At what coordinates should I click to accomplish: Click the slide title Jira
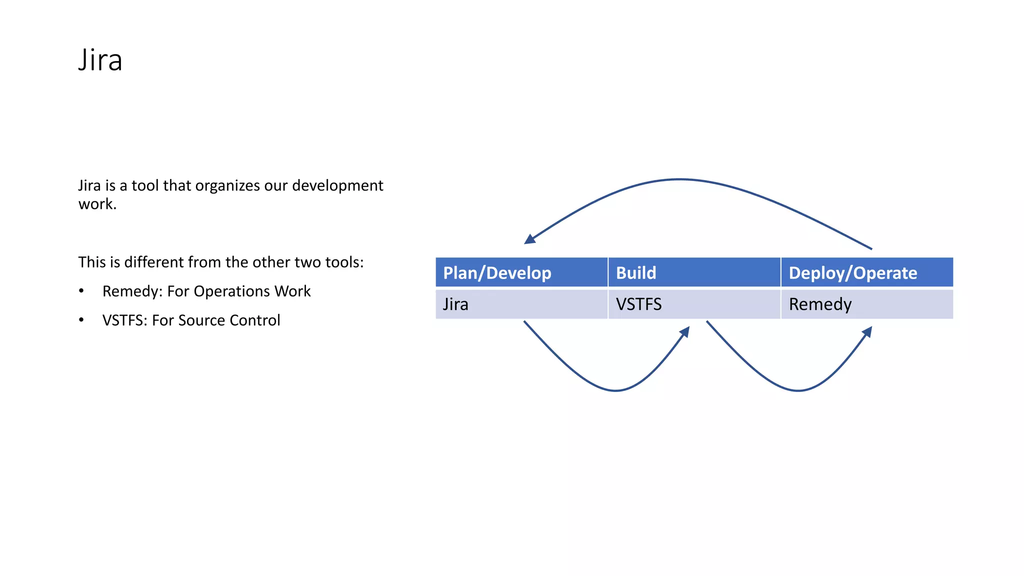100,60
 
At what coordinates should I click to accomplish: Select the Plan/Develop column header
497,273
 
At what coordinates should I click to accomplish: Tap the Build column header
635,273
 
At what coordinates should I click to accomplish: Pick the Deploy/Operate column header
852,273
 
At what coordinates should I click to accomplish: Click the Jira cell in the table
455,304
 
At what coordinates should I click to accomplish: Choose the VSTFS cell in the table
638,304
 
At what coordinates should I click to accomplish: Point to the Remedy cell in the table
820,304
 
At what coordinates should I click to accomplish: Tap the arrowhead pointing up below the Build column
685,332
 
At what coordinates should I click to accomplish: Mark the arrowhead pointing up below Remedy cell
867,332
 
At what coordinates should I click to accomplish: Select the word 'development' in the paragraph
337,186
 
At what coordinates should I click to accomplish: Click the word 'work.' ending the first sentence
97,204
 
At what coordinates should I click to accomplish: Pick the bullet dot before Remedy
81,291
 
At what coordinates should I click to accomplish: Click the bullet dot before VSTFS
81,320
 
